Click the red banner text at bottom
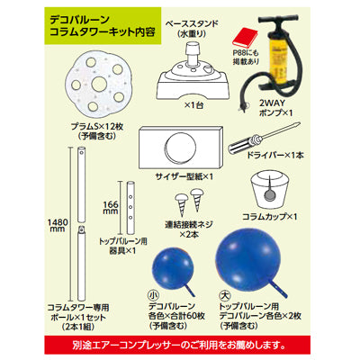[x=180, y=342]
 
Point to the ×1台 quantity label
[x=193, y=108]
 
